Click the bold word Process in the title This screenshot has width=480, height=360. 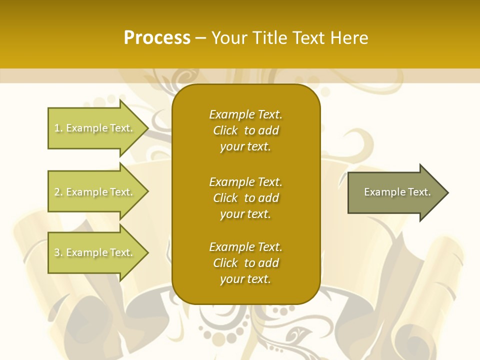(157, 38)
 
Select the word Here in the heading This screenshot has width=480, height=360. (349, 38)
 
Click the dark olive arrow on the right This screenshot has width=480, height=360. (395, 192)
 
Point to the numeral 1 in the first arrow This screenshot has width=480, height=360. (57, 128)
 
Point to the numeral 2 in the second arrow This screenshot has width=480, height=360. (57, 192)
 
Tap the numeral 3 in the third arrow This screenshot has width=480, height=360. (57, 252)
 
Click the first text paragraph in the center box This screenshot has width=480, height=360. (245, 130)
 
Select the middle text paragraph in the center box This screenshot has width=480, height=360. (245, 198)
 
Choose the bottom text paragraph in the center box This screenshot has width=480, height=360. (245, 263)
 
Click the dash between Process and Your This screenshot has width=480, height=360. (200, 38)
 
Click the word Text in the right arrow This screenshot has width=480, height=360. (420, 192)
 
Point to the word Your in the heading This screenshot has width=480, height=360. (228, 38)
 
